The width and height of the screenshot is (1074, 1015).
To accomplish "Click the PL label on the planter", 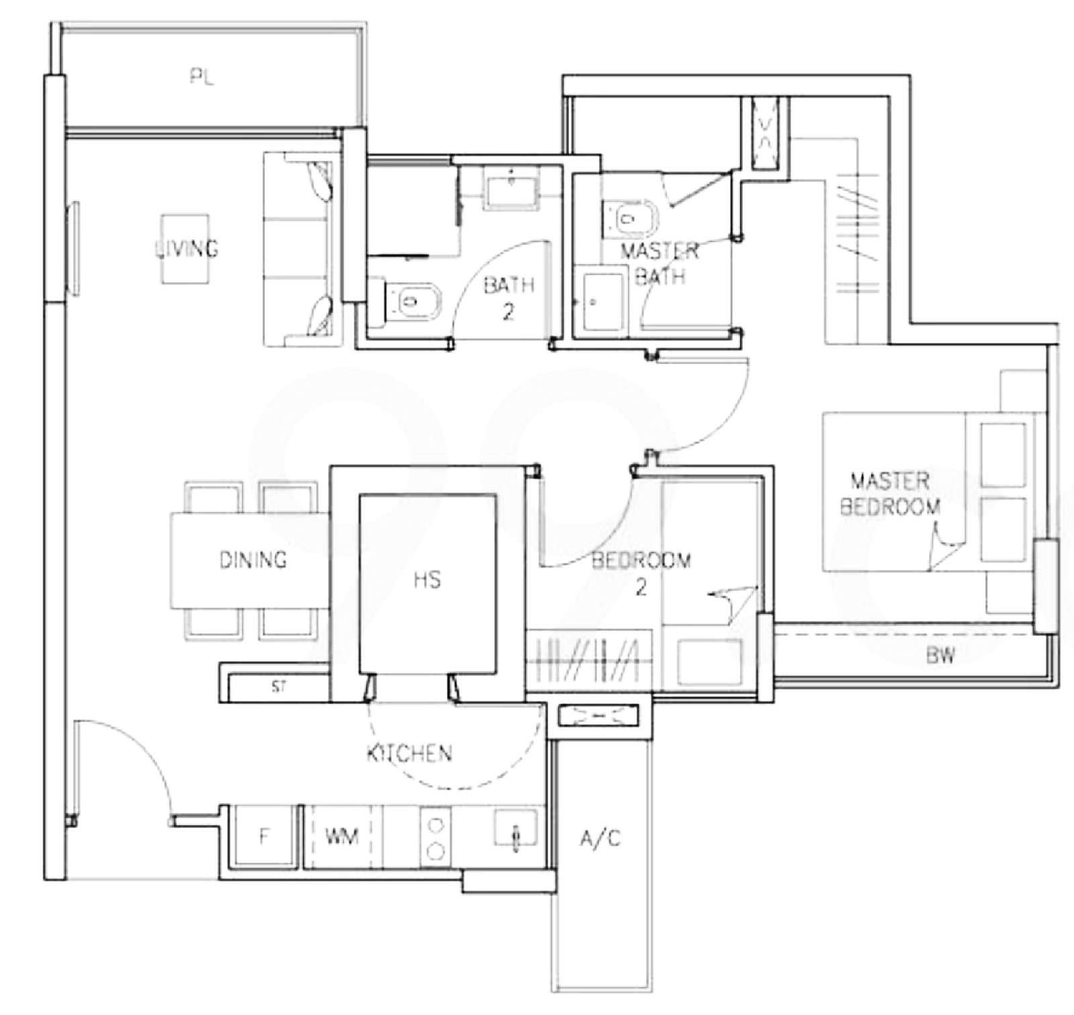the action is coord(201,78).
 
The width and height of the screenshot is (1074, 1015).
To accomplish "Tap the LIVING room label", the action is coord(187,249).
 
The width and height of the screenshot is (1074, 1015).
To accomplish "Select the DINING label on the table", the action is coord(253,559).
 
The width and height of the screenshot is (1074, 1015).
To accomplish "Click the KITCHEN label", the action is coord(409,753).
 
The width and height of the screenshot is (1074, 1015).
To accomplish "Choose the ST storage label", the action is coord(279,687).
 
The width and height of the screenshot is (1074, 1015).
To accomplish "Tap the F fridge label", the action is coord(264,836).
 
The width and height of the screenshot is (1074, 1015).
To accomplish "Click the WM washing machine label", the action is coord(342,836).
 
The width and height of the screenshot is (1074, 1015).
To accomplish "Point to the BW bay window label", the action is coord(940,656).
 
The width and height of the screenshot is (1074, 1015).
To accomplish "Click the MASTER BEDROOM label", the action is coord(890,494).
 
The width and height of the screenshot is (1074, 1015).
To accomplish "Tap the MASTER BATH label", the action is coord(659,263).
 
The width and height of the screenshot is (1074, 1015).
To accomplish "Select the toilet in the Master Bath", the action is coord(629,218).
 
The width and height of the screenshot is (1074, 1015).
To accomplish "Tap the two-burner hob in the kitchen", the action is coord(436,838).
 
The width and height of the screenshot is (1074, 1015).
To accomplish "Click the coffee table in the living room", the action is coord(185,249).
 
